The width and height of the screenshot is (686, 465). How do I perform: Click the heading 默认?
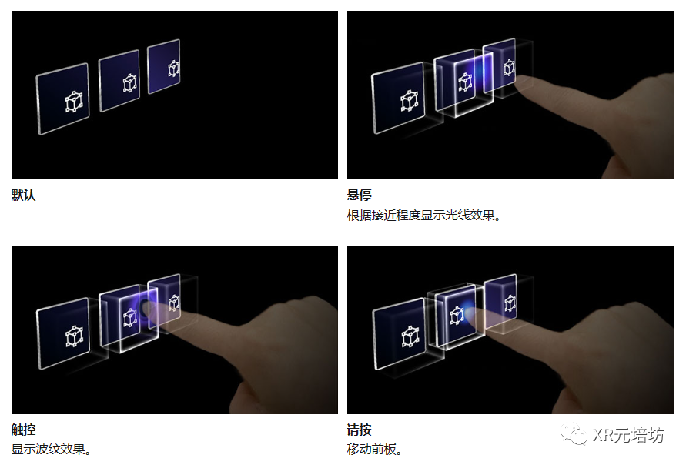point(23,195)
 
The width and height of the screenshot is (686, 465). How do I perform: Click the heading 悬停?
point(359,195)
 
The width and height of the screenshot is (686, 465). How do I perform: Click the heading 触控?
point(23,430)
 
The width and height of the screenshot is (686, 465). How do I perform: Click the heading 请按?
point(359,430)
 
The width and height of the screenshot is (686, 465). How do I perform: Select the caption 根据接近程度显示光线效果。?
point(424,216)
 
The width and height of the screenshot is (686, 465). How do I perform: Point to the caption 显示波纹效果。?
point(52,449)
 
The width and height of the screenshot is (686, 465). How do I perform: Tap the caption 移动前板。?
point(375,449)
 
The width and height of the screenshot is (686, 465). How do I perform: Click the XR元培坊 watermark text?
point(628,435)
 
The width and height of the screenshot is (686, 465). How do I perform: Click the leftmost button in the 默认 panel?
point(63,99)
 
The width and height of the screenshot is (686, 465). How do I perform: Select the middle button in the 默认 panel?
point(119,81)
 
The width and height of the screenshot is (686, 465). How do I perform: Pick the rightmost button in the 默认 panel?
point(164,66)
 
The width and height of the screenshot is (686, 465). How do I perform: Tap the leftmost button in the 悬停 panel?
point(399,101)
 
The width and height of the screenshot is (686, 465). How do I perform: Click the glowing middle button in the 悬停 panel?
point(463,83)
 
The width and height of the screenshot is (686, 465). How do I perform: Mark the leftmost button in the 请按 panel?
point(399,336)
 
